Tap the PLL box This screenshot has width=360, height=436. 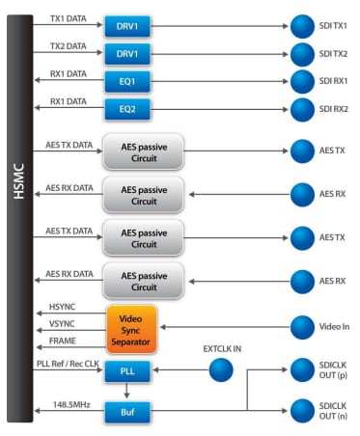click(x=127, y=370)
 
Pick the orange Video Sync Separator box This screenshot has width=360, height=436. click(x=130, y=328)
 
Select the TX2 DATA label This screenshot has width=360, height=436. click(x=68, y=46)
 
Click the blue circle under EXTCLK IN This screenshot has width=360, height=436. click(x=220, y=369)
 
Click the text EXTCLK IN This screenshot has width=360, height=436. click(x=223, y=345)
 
